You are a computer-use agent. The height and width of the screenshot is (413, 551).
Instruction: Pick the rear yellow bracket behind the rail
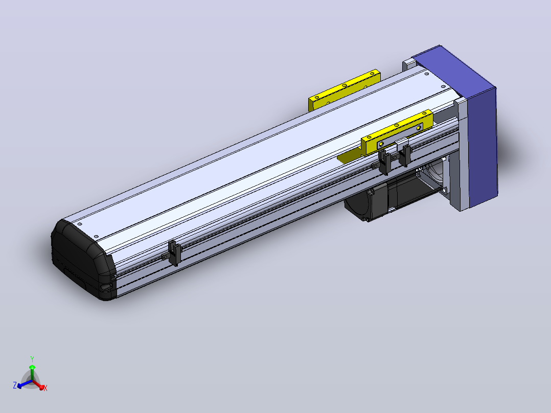coord(344,90)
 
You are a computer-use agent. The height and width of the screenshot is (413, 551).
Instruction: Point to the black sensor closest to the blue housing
coord(405,155)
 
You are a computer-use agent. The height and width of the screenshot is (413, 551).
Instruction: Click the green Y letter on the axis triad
coord(32,359)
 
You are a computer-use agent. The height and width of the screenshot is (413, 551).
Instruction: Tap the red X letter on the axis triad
coord(45,388)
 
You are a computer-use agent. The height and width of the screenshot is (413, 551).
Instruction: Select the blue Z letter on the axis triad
coord(15,385)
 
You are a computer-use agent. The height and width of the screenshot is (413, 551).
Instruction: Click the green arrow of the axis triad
coord(32,372)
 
